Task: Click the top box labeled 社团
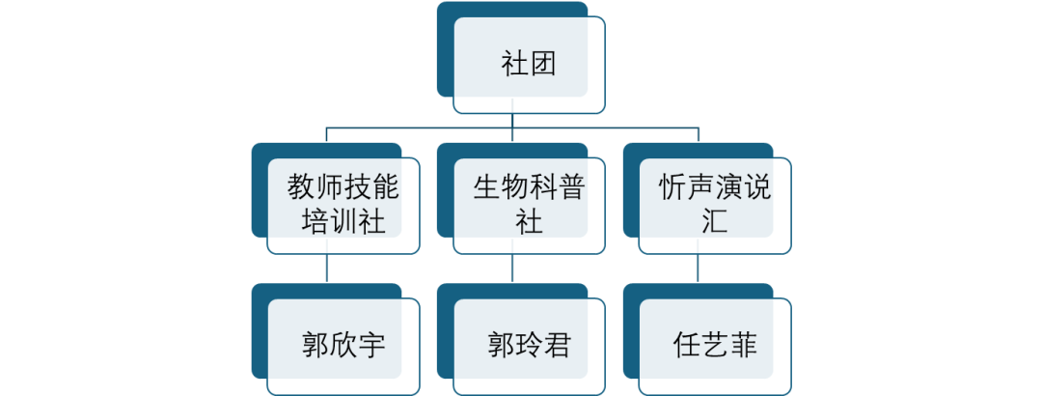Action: point(529,66)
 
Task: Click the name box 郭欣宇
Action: point(343,345)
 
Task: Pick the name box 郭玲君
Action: point(529,345)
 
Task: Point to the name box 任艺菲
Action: point(715,345)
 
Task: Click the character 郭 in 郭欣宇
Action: point(315,345)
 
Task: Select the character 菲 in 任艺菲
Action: point(743,345)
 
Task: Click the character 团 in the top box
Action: point(543,66)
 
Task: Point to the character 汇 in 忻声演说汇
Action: point(715,222)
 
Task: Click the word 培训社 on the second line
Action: point(343,222)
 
